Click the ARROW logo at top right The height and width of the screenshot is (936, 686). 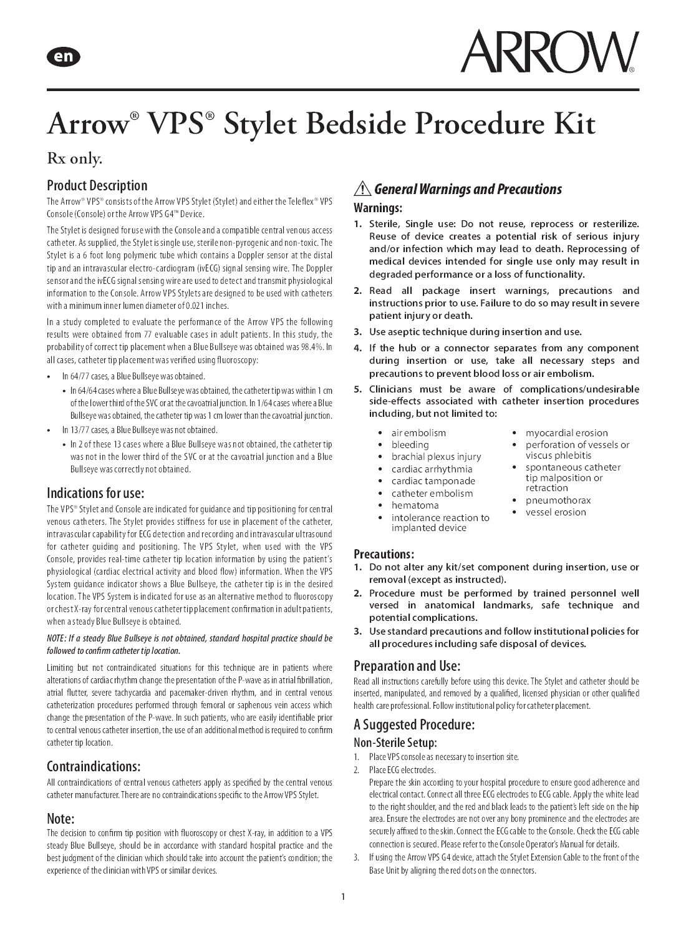coord(549,52)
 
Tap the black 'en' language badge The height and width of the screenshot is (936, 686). coord(63,57)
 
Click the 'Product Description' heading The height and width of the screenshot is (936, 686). coord(97,185)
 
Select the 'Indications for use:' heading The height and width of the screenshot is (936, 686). coord(95,493)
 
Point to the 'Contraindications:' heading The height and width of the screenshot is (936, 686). coord(94,766)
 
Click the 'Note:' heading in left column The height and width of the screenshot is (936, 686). coord(60,818)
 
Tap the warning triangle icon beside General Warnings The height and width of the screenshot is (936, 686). coord(362,189)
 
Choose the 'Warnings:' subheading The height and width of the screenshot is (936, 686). coord(378,207)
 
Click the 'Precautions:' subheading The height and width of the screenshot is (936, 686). coord(384,553)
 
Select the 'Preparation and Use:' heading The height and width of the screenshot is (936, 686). coord(407,665)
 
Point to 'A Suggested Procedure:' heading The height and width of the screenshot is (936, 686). coord(414,724)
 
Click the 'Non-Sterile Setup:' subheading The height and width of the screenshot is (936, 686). coord(395,743)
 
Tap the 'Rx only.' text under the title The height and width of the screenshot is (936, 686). coord(75,159)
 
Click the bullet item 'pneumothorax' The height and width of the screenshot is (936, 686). coord(558,500)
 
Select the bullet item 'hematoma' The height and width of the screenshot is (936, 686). coord(415,505)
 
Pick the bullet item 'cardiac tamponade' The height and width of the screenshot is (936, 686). coord(433,481)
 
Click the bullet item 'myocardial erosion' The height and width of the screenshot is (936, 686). coord(566,432)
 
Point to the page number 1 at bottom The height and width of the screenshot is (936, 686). coord(343,897)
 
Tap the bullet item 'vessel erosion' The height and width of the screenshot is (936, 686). coord(556,512)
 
